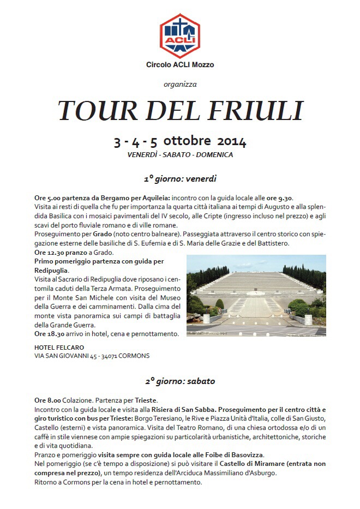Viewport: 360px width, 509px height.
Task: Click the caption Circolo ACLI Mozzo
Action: (x=180, y=65)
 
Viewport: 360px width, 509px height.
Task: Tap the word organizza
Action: (x=180, y=84)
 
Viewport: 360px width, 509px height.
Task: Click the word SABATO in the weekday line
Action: (x=179, y=154)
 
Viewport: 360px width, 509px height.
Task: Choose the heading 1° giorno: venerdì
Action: (x=180, y=178)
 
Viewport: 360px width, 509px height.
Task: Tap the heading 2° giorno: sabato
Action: (x=180, y=381)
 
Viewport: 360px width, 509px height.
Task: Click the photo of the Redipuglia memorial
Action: (x=256, y=295)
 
